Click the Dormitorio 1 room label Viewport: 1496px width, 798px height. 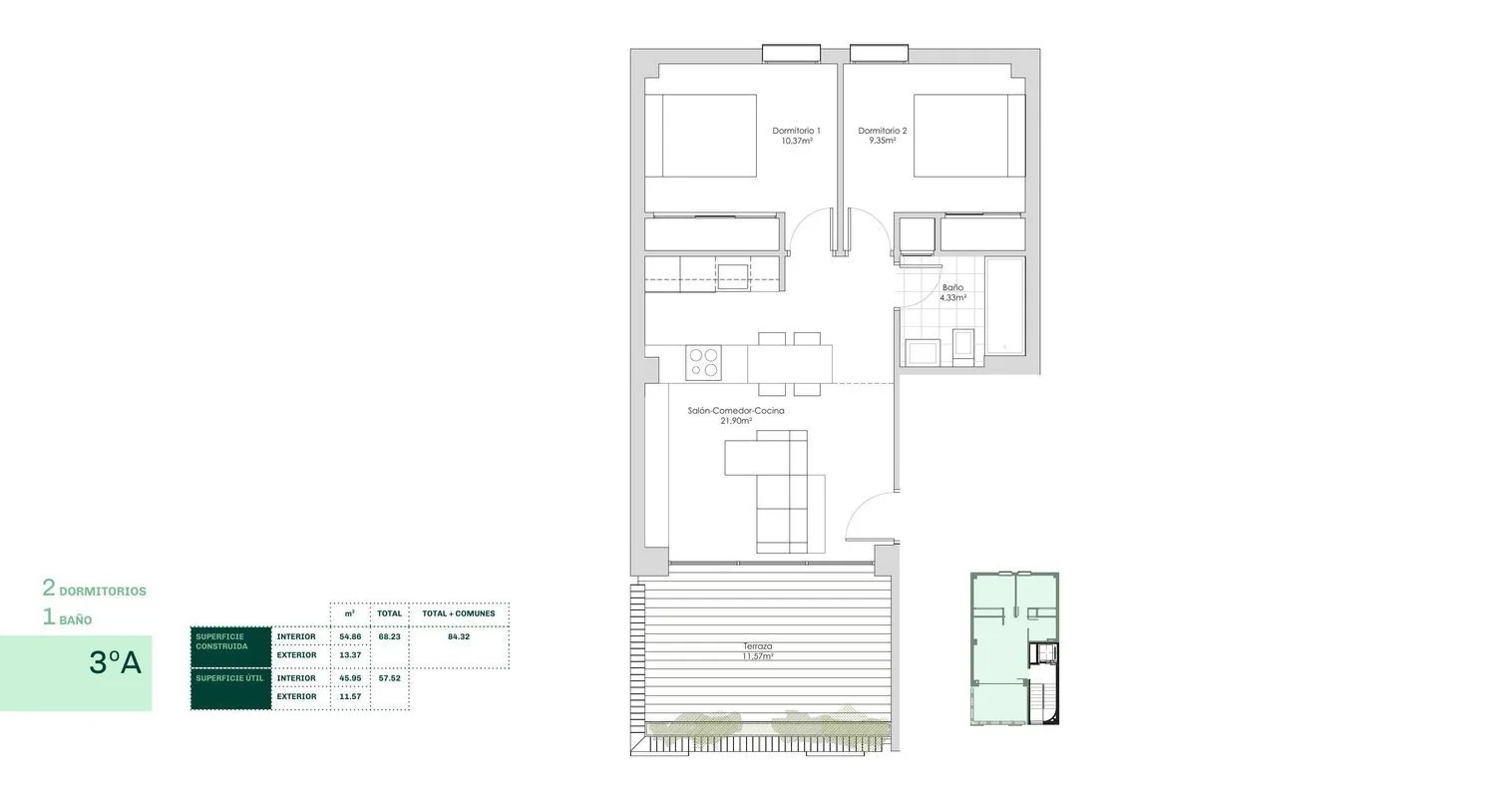(x=796, y=136)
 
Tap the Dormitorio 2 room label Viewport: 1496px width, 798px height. (x=883, y=136)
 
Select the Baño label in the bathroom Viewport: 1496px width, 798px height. (x=953, y=292)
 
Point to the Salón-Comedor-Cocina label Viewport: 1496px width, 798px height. (x=736, y=415)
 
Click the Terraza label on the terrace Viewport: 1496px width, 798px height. (x=758, y=651)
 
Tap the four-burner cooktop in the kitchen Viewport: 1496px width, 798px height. (x=704, y=363)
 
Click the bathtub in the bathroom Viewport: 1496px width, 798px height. (x=1005, y=306)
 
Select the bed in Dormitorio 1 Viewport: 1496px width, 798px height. (x=700, y=136)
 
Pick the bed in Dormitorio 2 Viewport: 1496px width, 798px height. (x=969, y=136)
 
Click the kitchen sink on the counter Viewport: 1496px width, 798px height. (x=733, y=276)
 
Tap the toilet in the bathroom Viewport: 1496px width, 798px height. (x=963, y=347)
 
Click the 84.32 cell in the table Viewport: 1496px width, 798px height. (x=459, y=636)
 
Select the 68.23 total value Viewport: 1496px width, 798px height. (x=389, y=636)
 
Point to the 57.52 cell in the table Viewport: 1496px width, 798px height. (x=389, y=677)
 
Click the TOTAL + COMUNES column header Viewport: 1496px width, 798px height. (x=458, y=613)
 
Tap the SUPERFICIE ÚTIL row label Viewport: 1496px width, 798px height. (x=229, y=677)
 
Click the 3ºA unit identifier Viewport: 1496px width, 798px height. (x=115, y=662)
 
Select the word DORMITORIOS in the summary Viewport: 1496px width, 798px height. (x=103, y=592)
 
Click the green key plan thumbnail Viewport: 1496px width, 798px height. (x=1014, y=648)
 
